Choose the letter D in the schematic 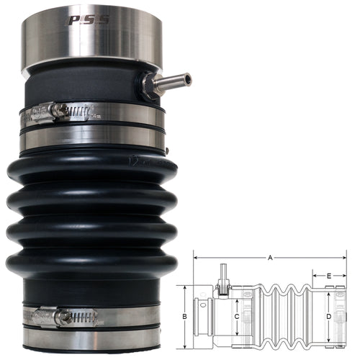tap(328, 316)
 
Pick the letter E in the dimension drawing tap(328, 275)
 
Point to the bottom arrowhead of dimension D tap(328, 338)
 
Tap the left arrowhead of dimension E tap(314, 275)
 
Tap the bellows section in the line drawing tap(288, 314)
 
